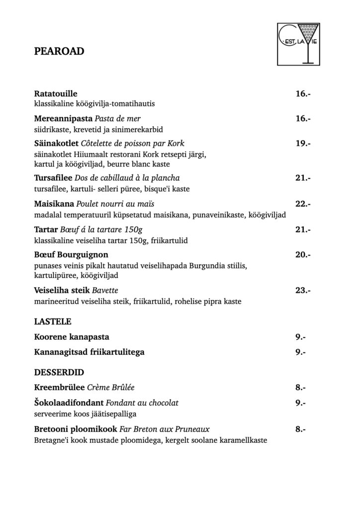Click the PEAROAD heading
pyautogui.click(x=59, y=51)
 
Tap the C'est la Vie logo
pyautogui.click(x=298, y=44)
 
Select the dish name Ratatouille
pyautogui.click(x=56, y=93)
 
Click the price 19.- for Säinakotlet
pyautogui.click(x=302, y=144)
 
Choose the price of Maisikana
pyautogui.click(x=302, y=204)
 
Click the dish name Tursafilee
pyautogui.click(x=54, y=178)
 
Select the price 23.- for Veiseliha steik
pyautogui.click(x=302, y=290)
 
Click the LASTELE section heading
pyautogui.click(x=53, y=322)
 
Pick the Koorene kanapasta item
pyautogui.click(x=72, y=337)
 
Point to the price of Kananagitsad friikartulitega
pyautogui.click(x=300, y=352)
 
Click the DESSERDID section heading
pyautogui.click(x=59, y=372)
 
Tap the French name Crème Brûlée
pyautogui.click(x=111, y=387)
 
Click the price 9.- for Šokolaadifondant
pyautogui.click(x=300, y=403)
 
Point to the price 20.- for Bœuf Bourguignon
pyautogui.click(x=302, y=255)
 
